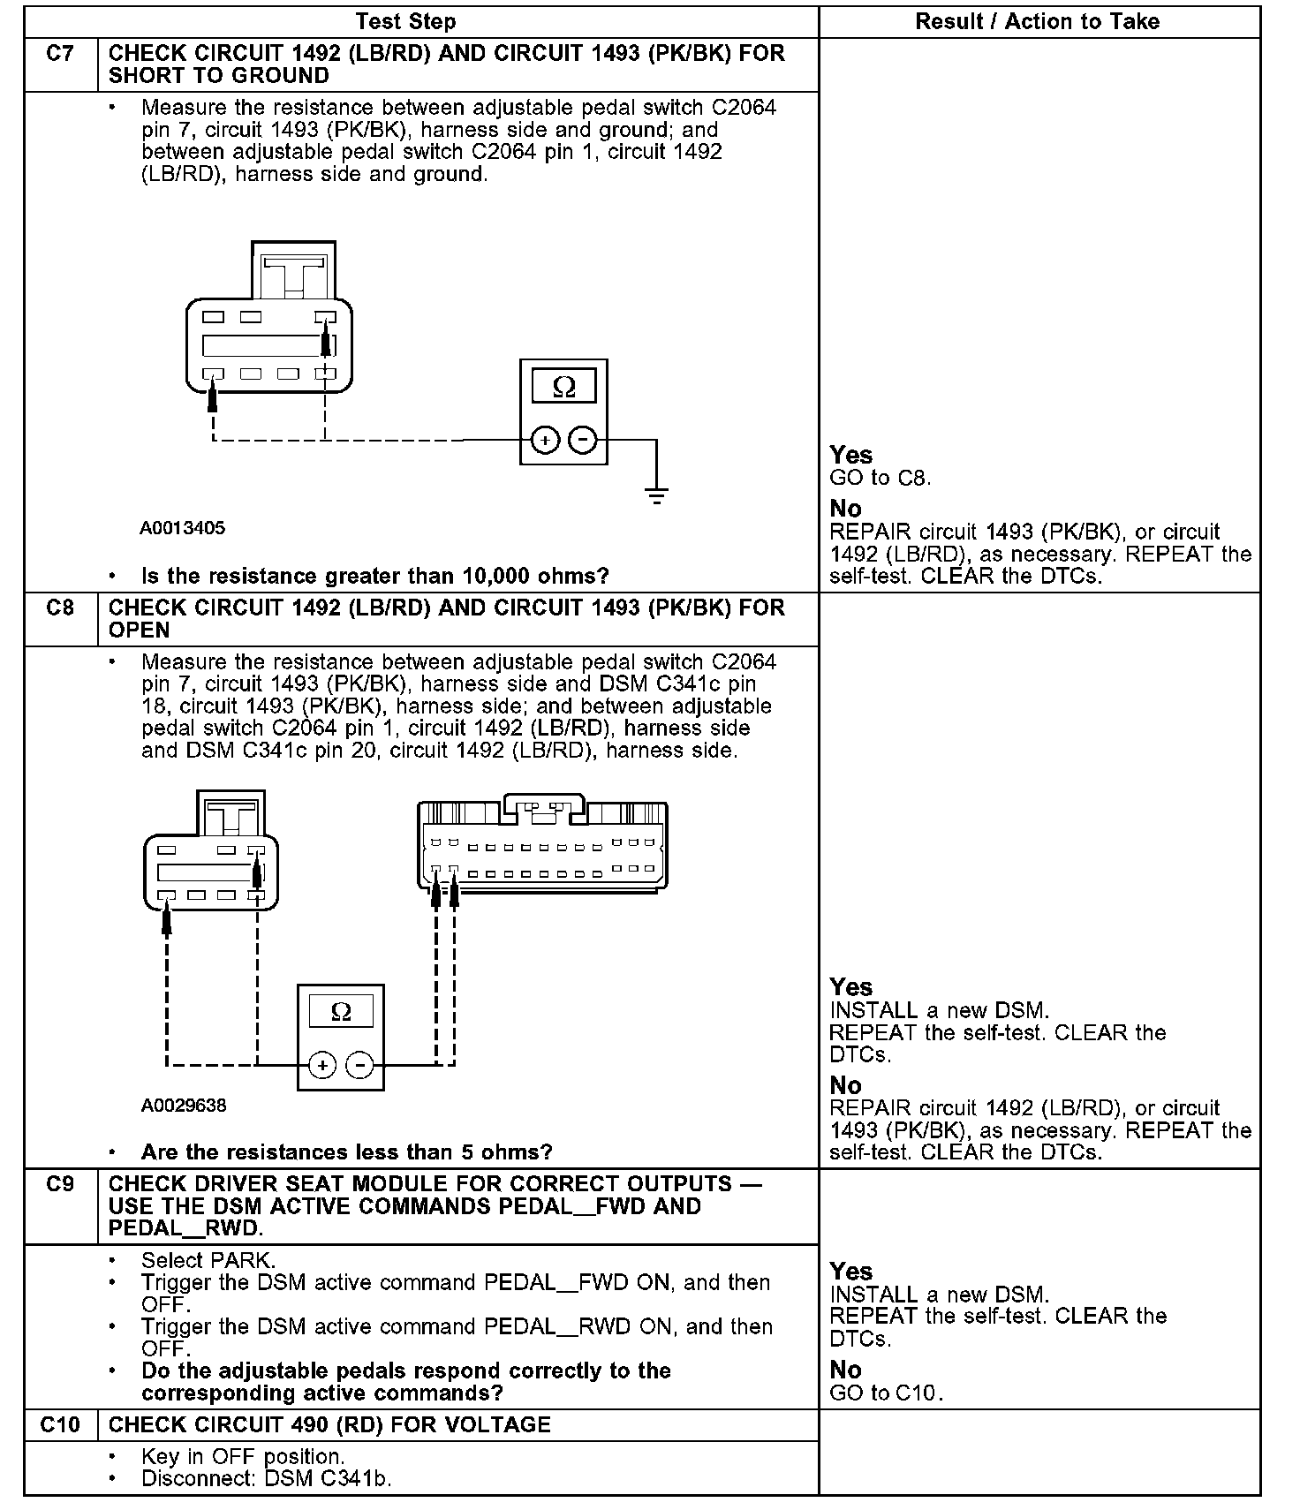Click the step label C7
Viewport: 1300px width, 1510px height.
coord(60,54)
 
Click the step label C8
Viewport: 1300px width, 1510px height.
coord(60,608)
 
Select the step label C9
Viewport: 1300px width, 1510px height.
coord(60,1184)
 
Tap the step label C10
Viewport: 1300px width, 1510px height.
coord(60,1424)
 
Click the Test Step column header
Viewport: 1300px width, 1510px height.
coord(405,22)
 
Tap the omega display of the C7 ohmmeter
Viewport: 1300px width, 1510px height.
coord(563,387)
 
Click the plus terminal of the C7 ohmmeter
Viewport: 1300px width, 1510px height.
coord(545,439)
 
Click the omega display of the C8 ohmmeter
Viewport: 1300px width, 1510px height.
coord(341,1012)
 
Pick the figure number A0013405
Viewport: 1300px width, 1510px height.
coord(183,528)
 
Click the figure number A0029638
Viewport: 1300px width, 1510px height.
coord(184,1106)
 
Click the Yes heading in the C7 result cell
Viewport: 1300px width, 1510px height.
coord(851,455)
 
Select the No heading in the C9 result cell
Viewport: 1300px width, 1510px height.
coord(845,1370)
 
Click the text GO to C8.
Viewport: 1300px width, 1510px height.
coord(881,479)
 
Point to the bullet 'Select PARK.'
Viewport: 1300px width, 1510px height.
coord(208,1260)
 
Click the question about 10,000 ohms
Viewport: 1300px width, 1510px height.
coord(375,577)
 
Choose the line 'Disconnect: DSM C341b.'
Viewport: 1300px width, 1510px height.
coord(266,1478)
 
